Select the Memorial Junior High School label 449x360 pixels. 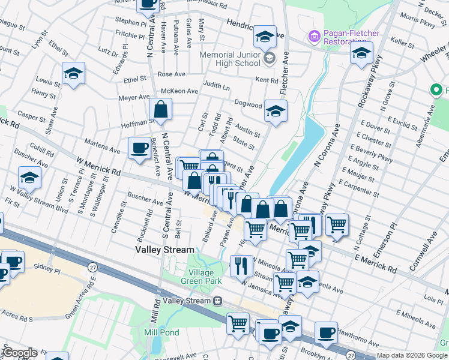(231, 58)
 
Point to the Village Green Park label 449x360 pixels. (202, 277)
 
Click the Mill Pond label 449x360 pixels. (158, 332)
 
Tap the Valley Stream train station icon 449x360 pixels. (218, 300)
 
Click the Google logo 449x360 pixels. (19, 353)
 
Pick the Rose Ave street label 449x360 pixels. (172, 74)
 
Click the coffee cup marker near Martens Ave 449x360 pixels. (139, 147)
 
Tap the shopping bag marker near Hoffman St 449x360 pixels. (161, 109)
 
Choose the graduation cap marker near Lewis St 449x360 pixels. (73, 73)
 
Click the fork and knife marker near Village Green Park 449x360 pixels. (241, 265)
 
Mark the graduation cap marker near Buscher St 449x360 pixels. (29, 178)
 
